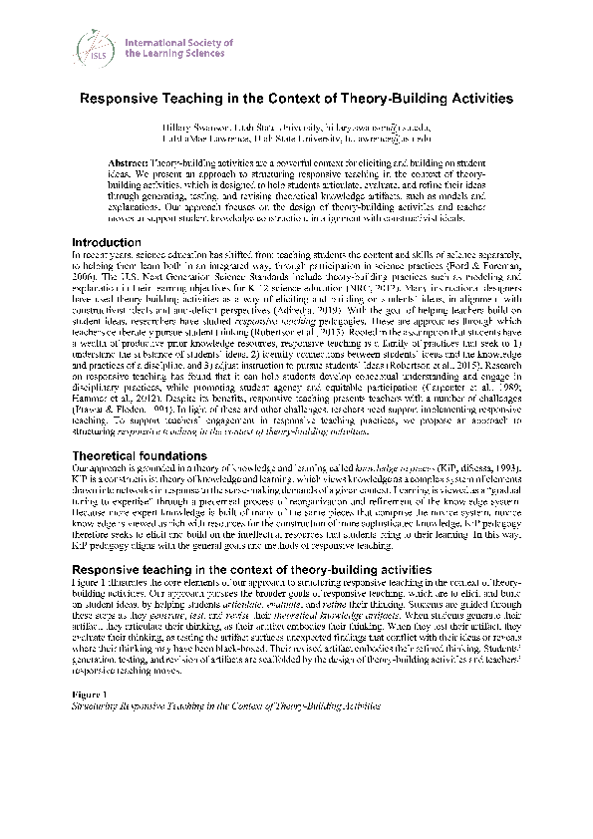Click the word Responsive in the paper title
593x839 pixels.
(x=120, y=100)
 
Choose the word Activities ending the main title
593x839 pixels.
(x=476, y=100)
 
